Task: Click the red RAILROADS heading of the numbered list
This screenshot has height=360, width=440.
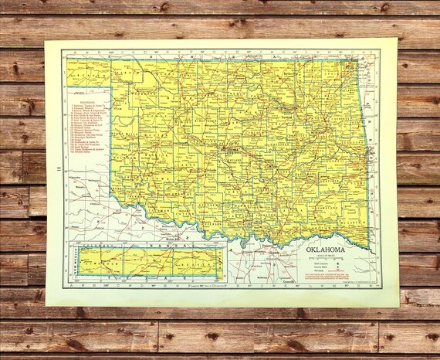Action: [x=83, y=100]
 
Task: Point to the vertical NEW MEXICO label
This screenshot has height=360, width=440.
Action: [x=73, y=265]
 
